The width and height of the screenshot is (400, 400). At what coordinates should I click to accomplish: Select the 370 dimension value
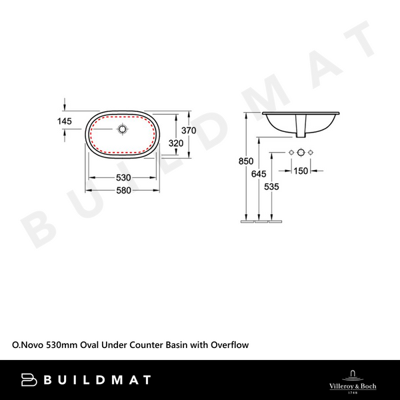[x=189, y=131]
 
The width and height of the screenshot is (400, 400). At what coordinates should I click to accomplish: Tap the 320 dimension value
[x=175, y=143]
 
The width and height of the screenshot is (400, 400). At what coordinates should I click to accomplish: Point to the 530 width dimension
[x=123, y=178]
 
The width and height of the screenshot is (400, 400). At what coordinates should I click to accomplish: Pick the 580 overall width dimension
[x=123, y=190]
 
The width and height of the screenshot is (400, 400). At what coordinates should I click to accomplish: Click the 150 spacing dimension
[x=301, y=171]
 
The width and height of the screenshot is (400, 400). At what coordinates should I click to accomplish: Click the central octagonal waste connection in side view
[x=301, y=153]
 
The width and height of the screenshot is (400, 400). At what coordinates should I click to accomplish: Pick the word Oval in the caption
[x=90, y=345]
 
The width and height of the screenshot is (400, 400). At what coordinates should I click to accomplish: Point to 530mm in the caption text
[x=61, y=345]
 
